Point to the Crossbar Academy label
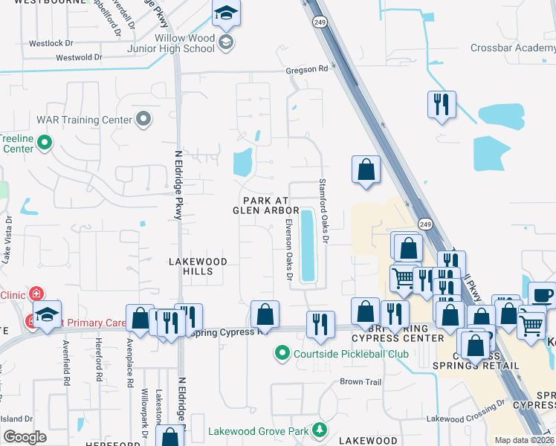tap(513, 48)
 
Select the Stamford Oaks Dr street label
tap(323, 210)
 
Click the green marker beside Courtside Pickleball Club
tap(282, 353)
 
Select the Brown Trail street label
tap(361, 382)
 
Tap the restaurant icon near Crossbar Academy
tap(442, 105)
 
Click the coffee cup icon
tap(543, 294)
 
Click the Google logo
tap(25, 437)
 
